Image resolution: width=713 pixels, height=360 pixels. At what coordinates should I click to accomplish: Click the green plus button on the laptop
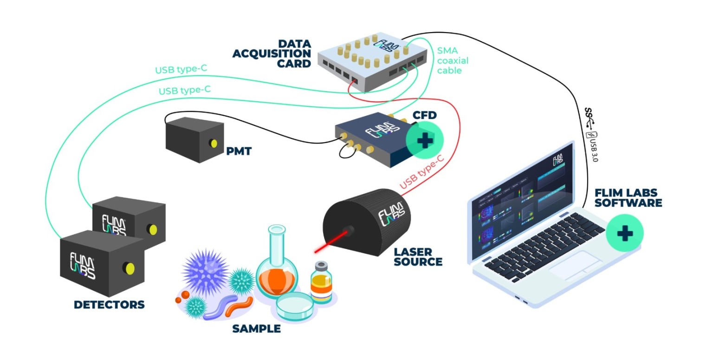(x=624, y=233)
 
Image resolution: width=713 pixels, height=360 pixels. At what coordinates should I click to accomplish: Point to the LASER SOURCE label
(x=418, y=256)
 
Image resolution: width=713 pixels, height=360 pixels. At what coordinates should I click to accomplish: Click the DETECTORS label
(x=109, y=305)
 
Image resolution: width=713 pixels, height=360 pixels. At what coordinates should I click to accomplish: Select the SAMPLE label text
(x=256, y=329)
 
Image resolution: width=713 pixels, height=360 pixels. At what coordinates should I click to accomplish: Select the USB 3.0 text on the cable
(x=594, y=148)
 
